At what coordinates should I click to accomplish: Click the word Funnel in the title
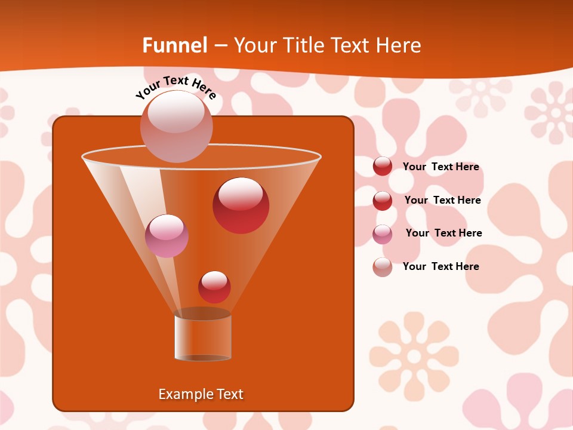pos(175,45)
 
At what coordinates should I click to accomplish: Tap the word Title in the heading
pos(304,45)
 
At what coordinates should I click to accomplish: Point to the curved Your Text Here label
pos(175,87)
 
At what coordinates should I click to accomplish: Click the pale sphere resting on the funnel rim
pos(176,126)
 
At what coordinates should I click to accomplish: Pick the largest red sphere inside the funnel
pos(241,205)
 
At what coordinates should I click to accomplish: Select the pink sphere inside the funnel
pos(167,235)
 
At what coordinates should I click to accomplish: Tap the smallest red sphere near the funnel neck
pos(214,287)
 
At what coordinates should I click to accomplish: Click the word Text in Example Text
pos(229,394)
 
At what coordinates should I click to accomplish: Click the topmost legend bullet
pos(383,166)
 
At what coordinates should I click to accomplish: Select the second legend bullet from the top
pos(383,201)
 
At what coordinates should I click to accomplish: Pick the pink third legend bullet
pos(383,234)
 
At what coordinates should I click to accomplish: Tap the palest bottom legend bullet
pos(383,267)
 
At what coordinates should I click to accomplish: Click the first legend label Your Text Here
pos(440,167)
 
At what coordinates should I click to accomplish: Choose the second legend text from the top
pos(442,200)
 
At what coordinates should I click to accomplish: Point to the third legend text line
pos(443,233)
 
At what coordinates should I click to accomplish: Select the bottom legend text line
pos(440,266)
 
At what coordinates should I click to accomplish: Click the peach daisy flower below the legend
pos(413,356)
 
